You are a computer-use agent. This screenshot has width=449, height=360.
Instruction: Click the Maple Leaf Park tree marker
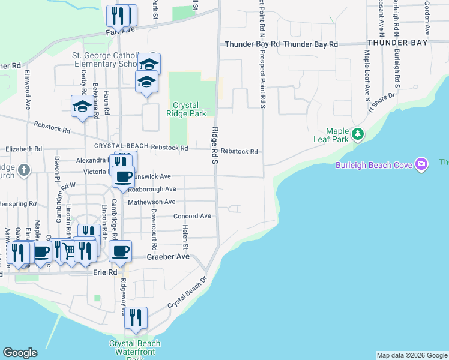coord(357,133)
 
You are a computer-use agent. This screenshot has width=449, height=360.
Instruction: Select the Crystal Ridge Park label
coord(190,109)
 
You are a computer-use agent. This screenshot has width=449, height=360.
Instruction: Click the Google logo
coord(20,353)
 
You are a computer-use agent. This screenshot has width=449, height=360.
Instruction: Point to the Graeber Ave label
coord(168,257)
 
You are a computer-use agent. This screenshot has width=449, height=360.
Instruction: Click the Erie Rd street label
coord(106,272)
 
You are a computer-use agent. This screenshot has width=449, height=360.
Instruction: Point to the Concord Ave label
coord(192,216)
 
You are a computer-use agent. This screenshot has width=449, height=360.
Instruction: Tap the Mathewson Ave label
coord(152,202)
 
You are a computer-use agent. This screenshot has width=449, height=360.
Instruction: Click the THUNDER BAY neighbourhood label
coord(398,43)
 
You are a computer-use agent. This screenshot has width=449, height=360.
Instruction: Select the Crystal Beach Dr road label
coord(187,292)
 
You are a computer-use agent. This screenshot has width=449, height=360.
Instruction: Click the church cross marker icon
coord(24,170)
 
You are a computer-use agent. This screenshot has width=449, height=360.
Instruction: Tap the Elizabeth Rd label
coord(23,149)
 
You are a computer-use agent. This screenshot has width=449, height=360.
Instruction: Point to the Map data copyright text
coord(411,355)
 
